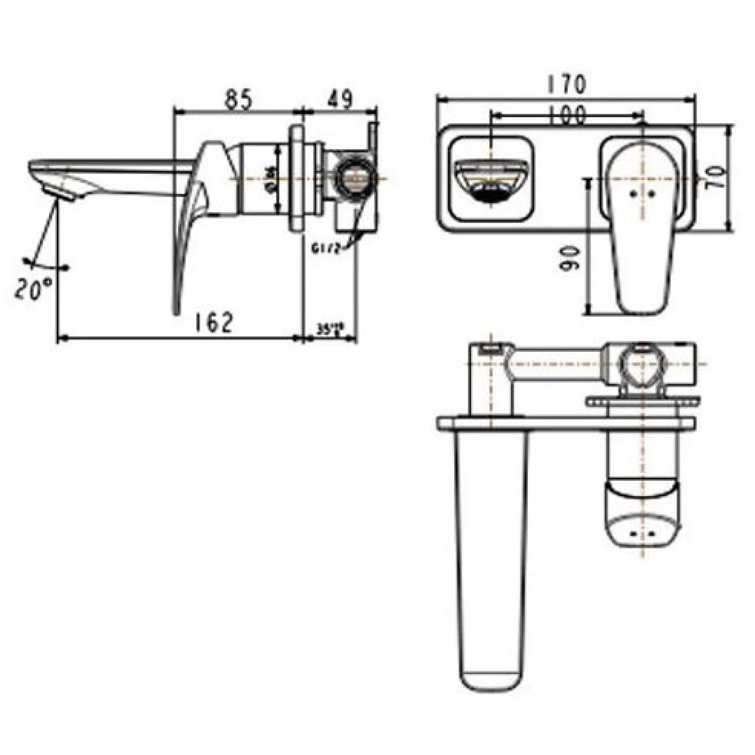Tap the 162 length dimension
pyautogui.click(x=212, y=322)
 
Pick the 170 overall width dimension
pyautogui.click(x=566, y=85)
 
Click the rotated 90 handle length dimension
pyautogui.click(x=571, y=260)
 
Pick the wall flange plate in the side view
pyautogui.click(x=297, y=177)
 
